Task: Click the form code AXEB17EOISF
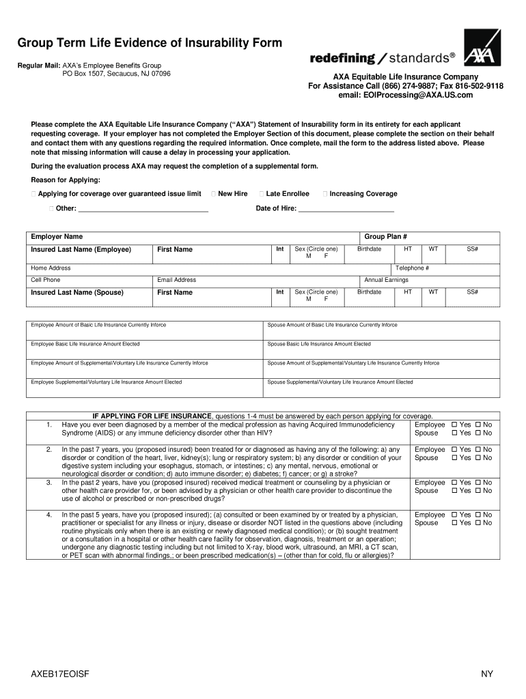point(59,674)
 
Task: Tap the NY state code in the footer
point(486,674)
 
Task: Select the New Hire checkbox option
point(216,194)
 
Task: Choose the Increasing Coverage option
point(324,194)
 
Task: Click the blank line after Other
point(143,209)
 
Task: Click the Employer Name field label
point(57,236)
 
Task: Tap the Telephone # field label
point(412,268)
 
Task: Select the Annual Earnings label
point(386,280)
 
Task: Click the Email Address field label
point(176,280)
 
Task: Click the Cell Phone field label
point(45,280)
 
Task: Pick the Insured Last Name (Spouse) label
point(77,292)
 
